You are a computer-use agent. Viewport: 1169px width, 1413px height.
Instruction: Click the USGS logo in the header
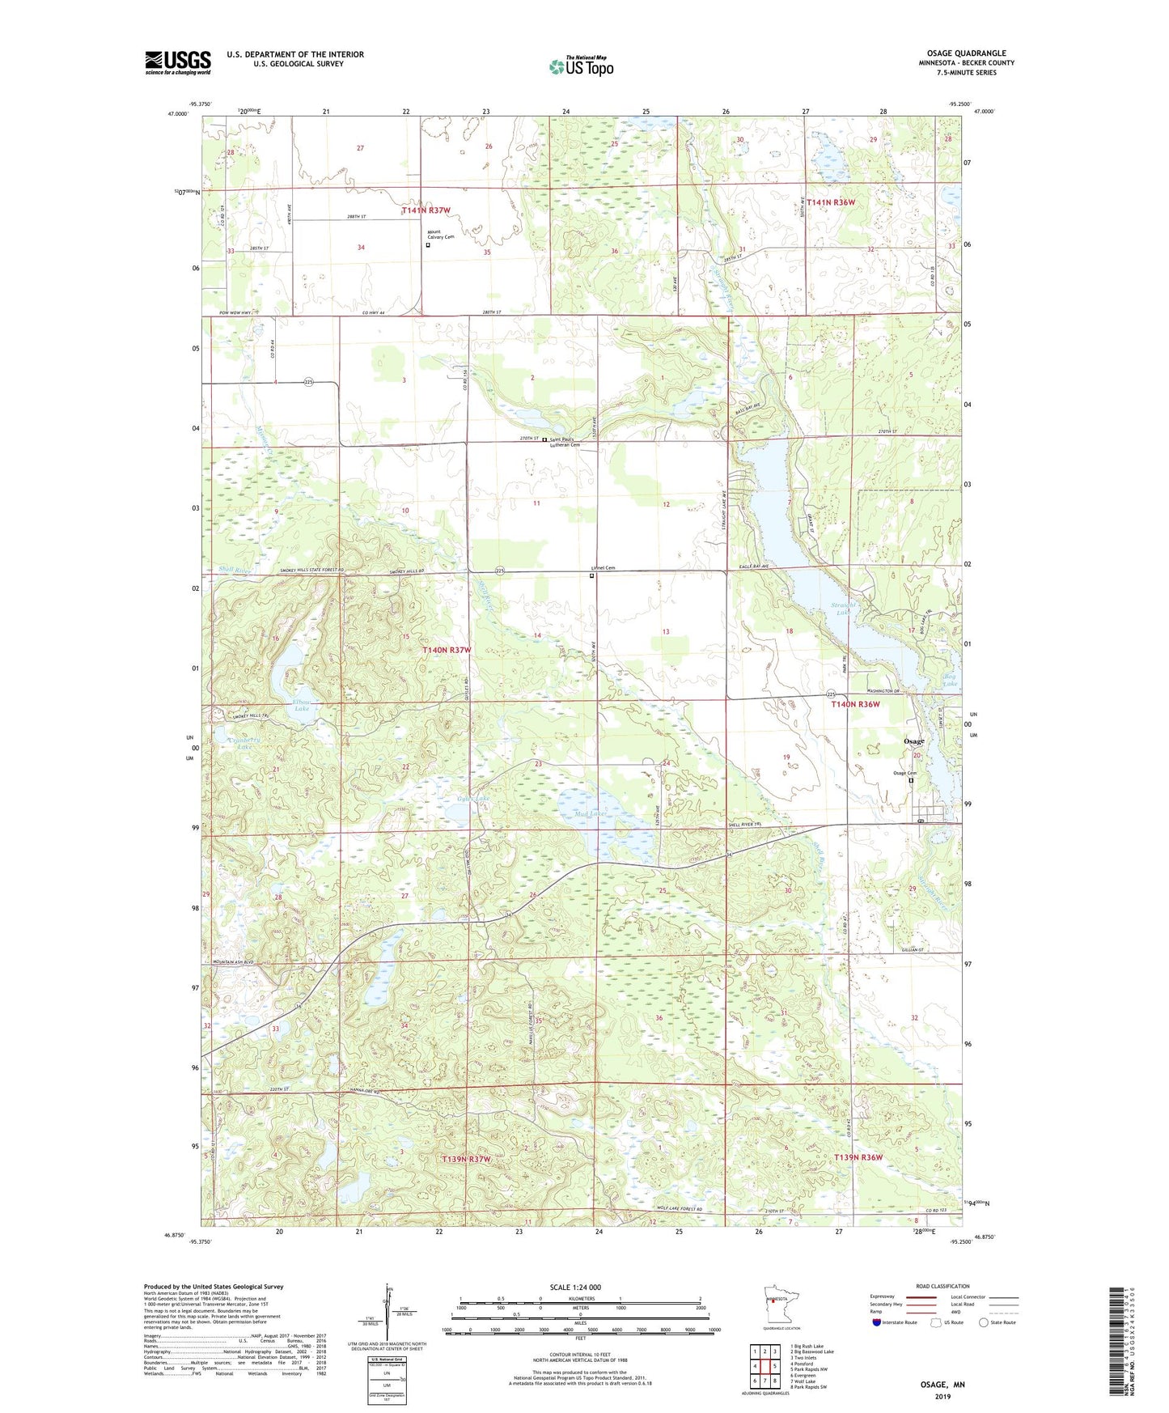click(178, 62)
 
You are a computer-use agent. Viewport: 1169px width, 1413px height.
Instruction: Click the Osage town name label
click(913, 741)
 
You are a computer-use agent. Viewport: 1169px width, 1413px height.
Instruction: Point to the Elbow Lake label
click(301, 705)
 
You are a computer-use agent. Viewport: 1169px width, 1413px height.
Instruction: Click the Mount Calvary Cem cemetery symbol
click(428, 244)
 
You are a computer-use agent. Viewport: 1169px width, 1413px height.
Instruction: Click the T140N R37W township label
click(446, 650)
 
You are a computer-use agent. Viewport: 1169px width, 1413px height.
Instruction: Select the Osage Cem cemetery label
click(904, 773)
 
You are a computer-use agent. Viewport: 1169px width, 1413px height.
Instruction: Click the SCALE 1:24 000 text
click(575, 1287)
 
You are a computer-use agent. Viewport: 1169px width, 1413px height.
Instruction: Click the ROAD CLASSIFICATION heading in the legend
click(942, 1286)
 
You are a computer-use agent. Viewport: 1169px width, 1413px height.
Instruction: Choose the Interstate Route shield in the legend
click(879, 1322)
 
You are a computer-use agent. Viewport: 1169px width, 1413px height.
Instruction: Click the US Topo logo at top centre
click(581, 66)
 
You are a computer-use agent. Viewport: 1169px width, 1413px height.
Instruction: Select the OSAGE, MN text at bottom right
click(942, 1385)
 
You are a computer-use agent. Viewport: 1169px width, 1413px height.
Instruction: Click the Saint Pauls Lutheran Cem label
click(565, 442)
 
